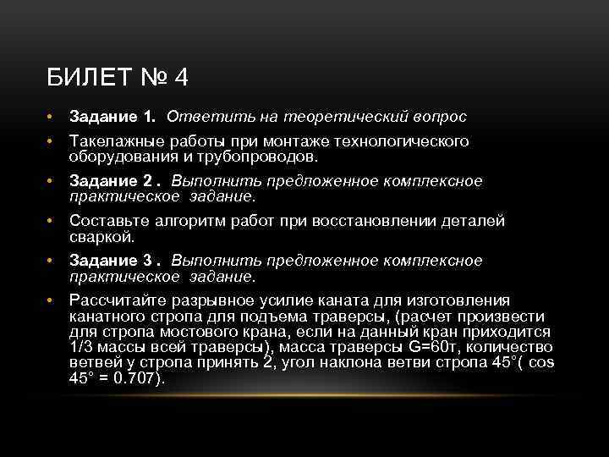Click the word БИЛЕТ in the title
coord(89,79)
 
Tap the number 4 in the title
coord(181,79)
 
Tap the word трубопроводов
coord(265,157)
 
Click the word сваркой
coord(100,236)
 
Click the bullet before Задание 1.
coord(52,115)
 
